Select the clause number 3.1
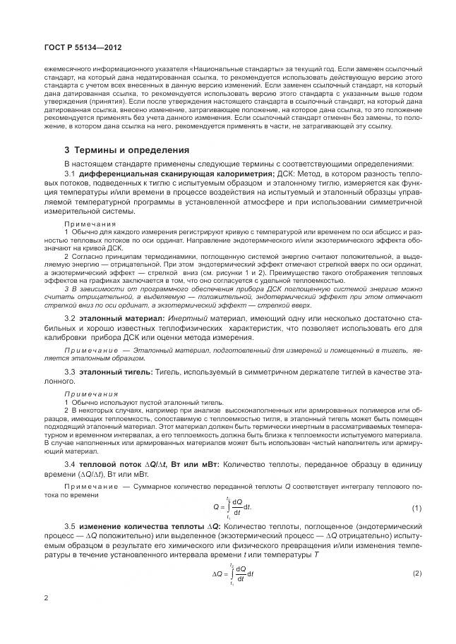(70, 174)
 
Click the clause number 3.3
(70, 371)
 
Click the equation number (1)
(416, 509)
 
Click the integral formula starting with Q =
(232, 508)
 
